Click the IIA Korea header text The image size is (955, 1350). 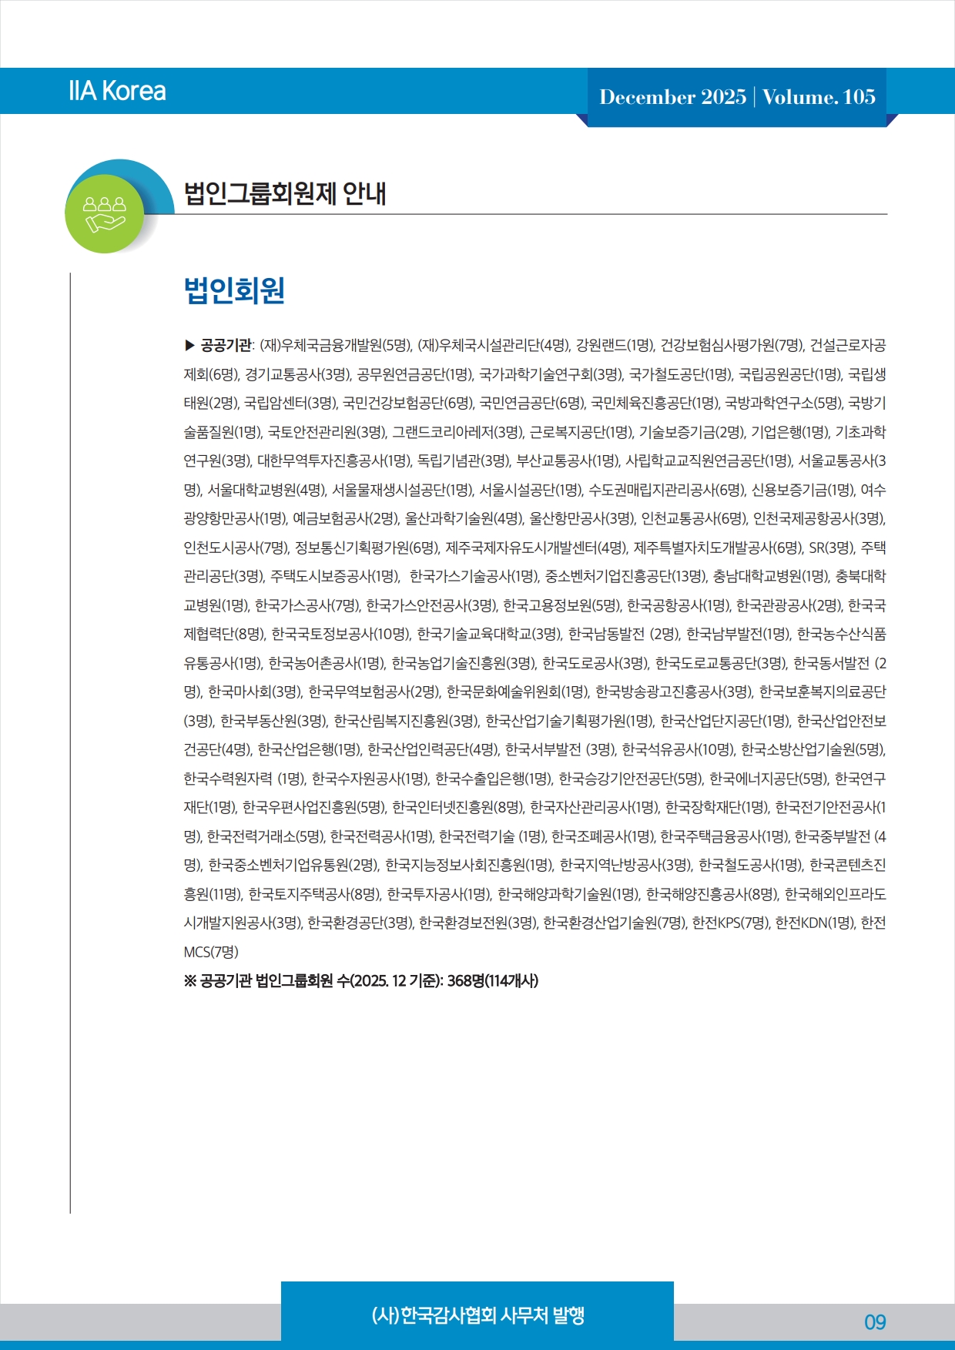pyautogui.click(x=117, y=91)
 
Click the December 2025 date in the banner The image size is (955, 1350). pyautogui.click(x=672, y=97)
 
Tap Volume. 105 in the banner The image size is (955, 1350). pyautogui.click(x=819, y=97)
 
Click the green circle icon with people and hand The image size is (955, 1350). pyautogui.click(x=106, y=213)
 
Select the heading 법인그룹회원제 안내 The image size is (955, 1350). pyautogui.click(x=284, y=193)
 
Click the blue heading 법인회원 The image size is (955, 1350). pyautogui.click(x=234, y=290)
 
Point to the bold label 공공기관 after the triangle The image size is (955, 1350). pyautogui.click(x=226, y=345)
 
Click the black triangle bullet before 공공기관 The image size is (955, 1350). pyautogui.click(x=190, y=345)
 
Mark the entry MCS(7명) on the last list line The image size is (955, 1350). pyautogui.click(x=211, y=952)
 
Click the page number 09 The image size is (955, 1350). pyautogui.click(x=875, y=1322)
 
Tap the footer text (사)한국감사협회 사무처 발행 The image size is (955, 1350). pyautogui.click(x=477, y=1315)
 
